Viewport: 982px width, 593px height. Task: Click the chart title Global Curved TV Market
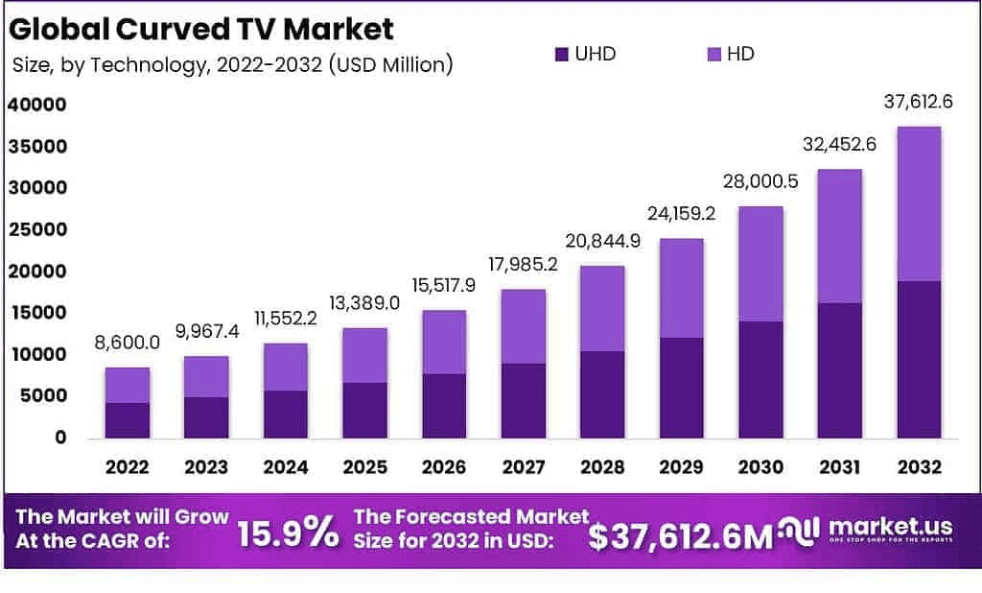(x=201, y=29)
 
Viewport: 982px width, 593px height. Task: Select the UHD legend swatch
(x=562, y=54)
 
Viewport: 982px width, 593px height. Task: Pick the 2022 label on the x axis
(x=128, y=467)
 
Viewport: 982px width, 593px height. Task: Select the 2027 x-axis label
(x=523, y=467)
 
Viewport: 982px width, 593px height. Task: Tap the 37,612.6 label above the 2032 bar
(x=919, y=102)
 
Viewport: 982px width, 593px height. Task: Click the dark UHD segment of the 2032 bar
(x=919, y=359)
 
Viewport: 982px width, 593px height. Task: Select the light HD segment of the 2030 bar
(x=760, y=264)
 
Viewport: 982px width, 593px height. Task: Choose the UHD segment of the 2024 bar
(x=286, y=414)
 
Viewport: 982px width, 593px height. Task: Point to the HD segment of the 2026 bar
(x=444, y=342)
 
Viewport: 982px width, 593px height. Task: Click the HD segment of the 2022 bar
(x=128, y=385)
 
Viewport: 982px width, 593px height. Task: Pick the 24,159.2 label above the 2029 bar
(x=682, y=216)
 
